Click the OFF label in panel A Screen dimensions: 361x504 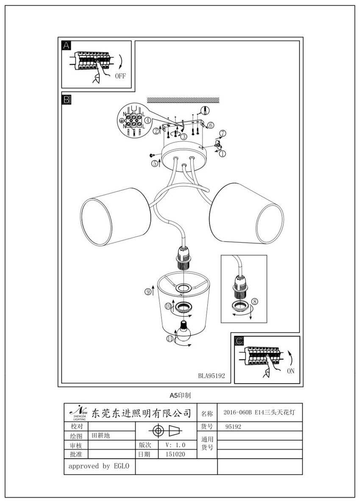(x=120, y=76)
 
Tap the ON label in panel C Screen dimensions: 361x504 (x=290, y=371)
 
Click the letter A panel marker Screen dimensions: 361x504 (x=67, y=46)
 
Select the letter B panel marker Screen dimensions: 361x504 (x=67, y=100)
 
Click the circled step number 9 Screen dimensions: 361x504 (x=148, y=291)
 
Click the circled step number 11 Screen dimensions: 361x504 (x=170, y=338)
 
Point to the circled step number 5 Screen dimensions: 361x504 (x=154, y=162)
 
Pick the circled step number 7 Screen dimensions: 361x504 (x=223, y=133)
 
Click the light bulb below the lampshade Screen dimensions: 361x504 (x=185, y=331)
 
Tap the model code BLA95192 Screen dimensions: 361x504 (x=211, y=375)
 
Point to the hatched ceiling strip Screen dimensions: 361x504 (x=183, y=100)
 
